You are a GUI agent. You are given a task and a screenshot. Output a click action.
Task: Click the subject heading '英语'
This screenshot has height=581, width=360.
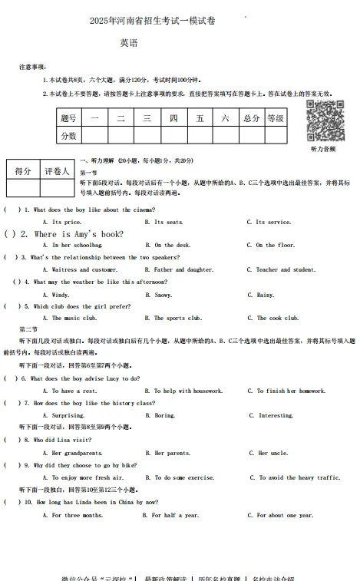129,44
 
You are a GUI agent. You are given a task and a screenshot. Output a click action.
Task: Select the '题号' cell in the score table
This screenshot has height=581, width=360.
68,118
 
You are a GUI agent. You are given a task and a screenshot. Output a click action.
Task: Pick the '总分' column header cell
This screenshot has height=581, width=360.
251,118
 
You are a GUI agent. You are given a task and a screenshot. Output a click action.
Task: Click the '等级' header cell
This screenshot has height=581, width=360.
276,118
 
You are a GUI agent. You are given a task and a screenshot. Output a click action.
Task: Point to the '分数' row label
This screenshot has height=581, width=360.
68,135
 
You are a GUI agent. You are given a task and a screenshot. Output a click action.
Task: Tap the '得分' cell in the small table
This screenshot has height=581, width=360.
23,171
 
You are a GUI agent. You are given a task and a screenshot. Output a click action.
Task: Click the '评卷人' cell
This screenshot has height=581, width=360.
57,171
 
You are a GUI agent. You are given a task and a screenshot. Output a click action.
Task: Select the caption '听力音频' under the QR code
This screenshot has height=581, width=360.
322,149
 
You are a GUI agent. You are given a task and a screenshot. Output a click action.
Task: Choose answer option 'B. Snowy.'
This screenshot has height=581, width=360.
159,295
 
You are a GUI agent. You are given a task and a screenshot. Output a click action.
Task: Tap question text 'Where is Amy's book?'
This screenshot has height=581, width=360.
79,234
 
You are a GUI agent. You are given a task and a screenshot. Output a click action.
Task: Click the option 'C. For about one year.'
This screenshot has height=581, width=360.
280,515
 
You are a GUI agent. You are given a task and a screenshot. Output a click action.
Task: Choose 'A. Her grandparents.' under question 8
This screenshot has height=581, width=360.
77,453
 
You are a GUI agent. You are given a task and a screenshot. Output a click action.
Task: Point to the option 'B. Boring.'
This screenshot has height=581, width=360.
160,415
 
